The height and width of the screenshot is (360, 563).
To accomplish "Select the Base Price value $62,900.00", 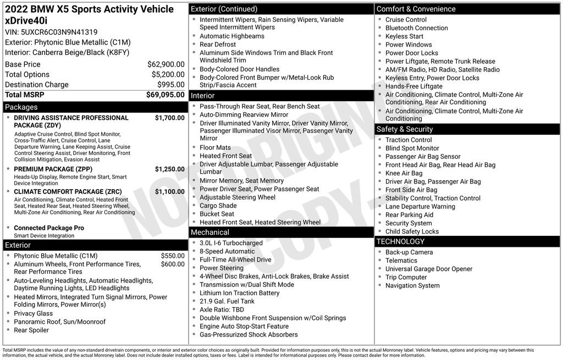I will coord(165,64).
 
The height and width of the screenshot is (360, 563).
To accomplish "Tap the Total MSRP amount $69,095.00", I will coord(165,95).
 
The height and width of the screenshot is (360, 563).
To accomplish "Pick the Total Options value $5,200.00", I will coord(168,75).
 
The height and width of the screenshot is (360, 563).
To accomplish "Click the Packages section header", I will coord(21,107).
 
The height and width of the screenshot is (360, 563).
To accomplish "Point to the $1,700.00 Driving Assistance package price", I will coord(169,118).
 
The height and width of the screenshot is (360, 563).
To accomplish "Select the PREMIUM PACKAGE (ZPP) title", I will coord(53,169).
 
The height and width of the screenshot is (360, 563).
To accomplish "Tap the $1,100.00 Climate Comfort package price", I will coord(169,192).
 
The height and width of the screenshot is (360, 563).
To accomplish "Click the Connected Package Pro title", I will coord(49,228).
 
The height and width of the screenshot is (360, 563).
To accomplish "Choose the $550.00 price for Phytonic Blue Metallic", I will coord(173,256).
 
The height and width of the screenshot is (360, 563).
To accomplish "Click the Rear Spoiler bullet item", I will coord(31,330).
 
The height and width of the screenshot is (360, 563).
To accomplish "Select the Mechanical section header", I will coord(210,232).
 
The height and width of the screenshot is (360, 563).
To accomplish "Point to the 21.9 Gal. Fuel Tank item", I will coord(227,301).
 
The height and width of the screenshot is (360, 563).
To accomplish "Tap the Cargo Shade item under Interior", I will coord(218,206).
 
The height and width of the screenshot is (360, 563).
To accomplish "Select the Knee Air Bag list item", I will coord(404,173).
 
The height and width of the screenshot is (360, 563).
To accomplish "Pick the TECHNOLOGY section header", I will coord(400,242).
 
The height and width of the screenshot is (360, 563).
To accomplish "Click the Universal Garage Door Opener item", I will coord(429,269).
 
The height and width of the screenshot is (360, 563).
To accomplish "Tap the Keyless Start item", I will coord(404,36).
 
